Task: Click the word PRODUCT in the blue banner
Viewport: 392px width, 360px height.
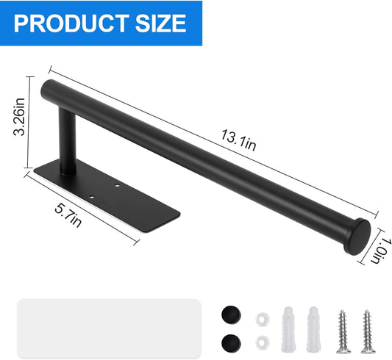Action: [71, 24]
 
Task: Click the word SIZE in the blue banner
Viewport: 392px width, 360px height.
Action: [161, 24]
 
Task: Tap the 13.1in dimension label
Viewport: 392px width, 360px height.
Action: [238, 140]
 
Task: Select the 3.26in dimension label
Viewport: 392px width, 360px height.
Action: [19, 117]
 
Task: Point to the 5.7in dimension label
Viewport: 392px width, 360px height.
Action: [68, 215]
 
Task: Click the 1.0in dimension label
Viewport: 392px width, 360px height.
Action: [381, 251]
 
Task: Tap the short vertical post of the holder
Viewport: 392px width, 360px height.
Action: [68, 141]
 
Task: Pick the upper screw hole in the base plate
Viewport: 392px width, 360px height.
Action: [117, 185]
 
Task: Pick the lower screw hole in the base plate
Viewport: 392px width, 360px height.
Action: [92, 197]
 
